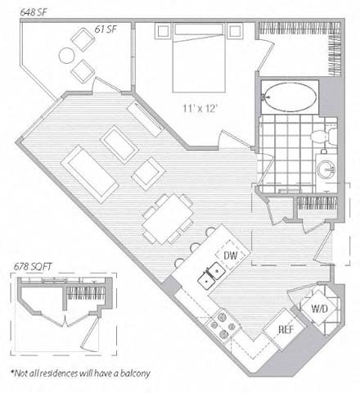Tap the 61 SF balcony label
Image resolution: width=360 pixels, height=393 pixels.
(104, 29)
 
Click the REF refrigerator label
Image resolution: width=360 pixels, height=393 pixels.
(286, 330)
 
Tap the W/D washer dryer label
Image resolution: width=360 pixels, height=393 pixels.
(317, 309)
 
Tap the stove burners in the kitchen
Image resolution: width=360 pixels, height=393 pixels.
(222, 327)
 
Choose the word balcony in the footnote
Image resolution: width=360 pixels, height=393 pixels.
(129, 374)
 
